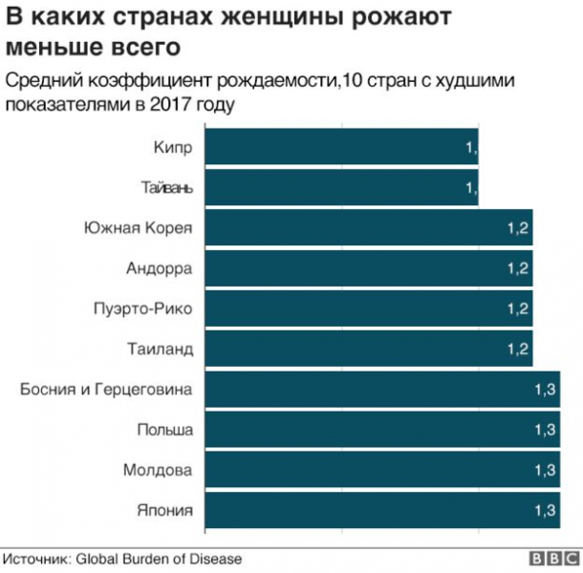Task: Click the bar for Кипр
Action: point(341,147)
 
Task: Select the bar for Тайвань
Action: point(341,188)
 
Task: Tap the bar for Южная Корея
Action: point(368,228)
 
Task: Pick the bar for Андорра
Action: point(368,268)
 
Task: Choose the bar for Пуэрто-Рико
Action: point(368,308)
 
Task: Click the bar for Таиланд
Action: point(368,350)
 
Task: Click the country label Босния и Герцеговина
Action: point(106,390)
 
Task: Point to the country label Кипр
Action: point(172,147)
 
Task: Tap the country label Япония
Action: point(165,510)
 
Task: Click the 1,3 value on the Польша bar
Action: point(545,430)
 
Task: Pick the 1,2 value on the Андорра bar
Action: point(518,268)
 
